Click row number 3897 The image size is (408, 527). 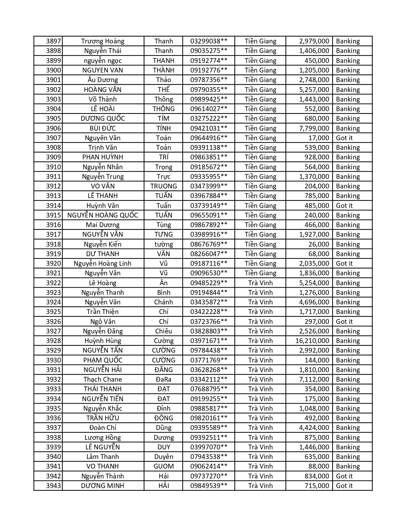53,41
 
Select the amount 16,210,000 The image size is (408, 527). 312,341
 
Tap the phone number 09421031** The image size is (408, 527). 209,128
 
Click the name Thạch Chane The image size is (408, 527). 103,379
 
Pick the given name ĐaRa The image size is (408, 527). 164,379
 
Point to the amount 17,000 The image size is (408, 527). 319,138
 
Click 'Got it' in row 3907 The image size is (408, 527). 344,138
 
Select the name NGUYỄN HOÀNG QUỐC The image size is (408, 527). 103,215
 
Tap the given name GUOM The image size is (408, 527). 164,466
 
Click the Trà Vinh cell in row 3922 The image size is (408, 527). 260,283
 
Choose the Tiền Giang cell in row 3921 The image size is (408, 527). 260,273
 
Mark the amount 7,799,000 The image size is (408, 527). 314,128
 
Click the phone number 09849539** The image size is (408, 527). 209,486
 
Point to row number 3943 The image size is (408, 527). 53,486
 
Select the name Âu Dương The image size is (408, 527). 103,80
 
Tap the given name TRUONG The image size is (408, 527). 164,186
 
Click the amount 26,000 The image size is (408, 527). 319,244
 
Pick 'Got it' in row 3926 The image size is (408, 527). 344,322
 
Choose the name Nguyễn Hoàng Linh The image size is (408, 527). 103,263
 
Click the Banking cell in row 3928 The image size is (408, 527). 348,341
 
